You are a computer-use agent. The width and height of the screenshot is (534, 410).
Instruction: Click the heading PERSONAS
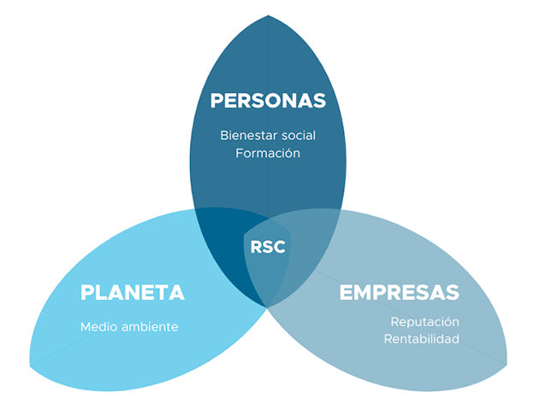(268, 100)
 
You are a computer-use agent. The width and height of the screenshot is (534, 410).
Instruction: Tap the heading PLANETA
(132, 292)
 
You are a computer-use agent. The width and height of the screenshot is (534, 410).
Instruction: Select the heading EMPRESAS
(399, 292)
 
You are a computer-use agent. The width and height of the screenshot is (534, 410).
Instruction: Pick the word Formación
(268, 154)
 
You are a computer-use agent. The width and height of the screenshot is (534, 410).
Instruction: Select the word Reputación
(425, 321)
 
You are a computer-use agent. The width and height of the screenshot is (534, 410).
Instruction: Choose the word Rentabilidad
(422, 339)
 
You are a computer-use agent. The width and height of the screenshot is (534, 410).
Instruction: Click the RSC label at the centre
(268, 247)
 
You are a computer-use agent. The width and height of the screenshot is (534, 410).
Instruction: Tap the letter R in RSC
(256, 247)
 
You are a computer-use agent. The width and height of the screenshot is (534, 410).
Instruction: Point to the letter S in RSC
(268, 247)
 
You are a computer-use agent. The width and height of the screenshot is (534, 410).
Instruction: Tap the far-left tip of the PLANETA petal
(31, 366)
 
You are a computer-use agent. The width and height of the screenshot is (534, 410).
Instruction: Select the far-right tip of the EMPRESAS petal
(505, 366)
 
